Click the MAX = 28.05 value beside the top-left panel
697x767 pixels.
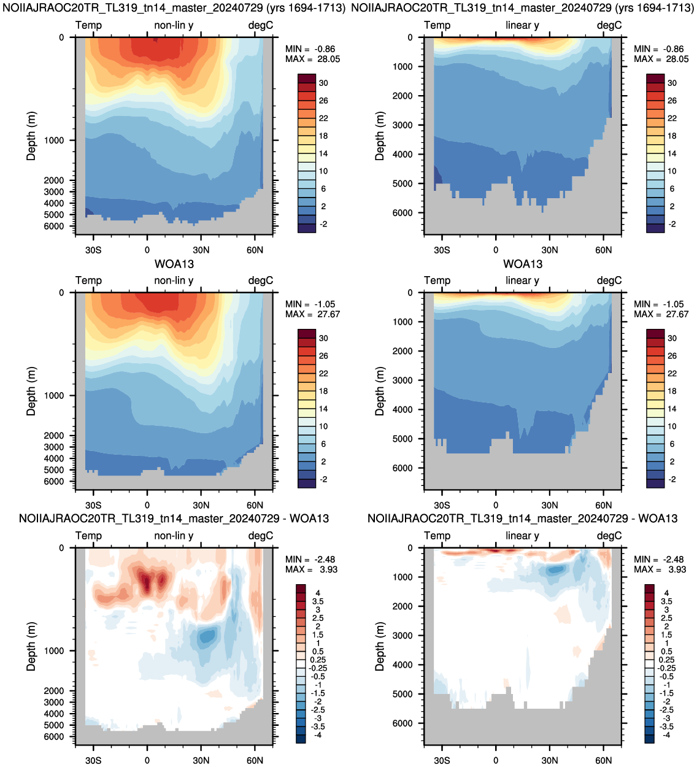(312, 59)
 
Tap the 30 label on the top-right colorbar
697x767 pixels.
(672, 83)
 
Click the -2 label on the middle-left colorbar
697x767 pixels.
(323, 479)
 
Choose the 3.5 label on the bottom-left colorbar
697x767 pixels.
(318, 601)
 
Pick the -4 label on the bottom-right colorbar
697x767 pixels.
(666, 735)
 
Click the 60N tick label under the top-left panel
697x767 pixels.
(255, 250)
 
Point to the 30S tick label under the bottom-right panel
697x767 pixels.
(442, 760)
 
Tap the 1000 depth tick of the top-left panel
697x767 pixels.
(53, 141)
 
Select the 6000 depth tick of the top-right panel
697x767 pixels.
(402, 212)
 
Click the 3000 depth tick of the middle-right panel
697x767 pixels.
(402, 380)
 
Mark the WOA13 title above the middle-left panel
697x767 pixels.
(174, 264)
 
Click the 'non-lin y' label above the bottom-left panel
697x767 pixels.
(174, 536)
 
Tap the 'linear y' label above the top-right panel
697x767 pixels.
(522, 25)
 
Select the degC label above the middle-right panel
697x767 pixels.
(609, 280)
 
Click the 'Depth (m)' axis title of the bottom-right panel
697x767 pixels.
(379, 646)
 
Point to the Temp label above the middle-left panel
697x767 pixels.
(89, 280)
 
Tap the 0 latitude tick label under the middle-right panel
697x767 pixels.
(496, 506)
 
